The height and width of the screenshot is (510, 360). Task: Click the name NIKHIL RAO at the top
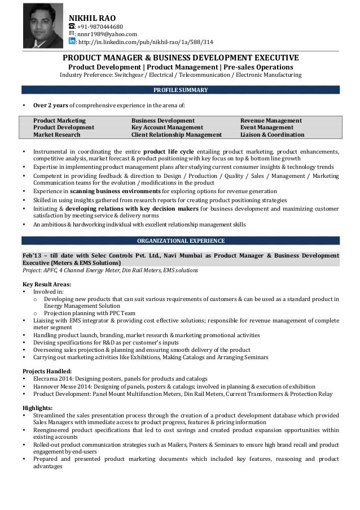point(92,16)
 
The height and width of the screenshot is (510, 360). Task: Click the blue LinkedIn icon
point(72,41)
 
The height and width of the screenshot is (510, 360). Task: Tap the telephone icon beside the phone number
point(72,26)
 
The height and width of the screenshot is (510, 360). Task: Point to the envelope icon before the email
point(72,34)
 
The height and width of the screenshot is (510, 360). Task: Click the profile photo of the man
point(43,25)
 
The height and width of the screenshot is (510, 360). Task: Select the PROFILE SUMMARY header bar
point(181,90)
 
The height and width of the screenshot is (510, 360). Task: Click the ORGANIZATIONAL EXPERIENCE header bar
point(181,241)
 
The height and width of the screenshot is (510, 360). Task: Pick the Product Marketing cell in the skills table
point(59,120)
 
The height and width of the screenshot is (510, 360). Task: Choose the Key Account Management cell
point(163,128)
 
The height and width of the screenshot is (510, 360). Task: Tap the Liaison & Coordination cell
point(272,135)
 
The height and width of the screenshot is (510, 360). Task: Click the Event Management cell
point(267,128)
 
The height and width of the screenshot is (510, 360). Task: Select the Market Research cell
point(57,135)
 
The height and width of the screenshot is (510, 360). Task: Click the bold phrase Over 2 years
point(51,105)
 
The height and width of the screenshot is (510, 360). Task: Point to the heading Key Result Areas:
point(47,284)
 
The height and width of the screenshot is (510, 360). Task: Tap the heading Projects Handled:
point(47,371)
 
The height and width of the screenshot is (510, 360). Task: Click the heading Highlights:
point(37,408)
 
